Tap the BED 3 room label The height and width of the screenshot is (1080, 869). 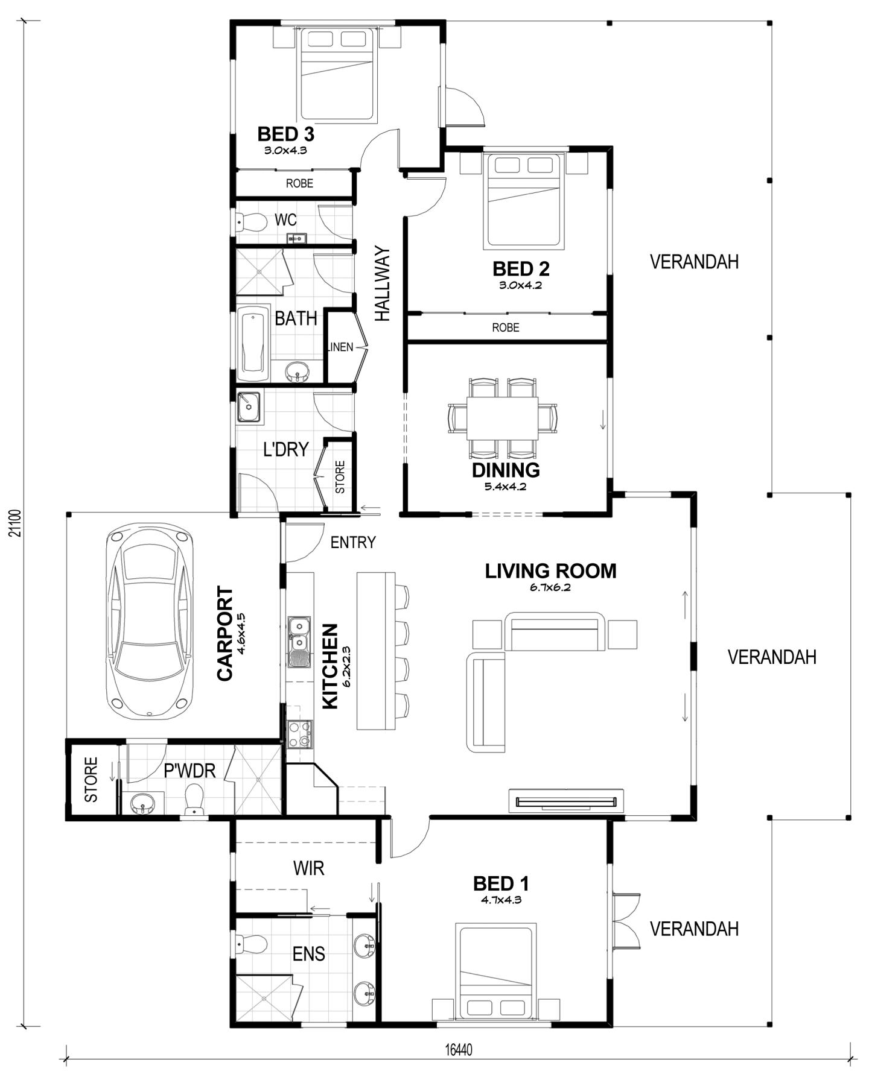(x=285, y=133)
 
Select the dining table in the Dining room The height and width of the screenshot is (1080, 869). (x=502, y=418)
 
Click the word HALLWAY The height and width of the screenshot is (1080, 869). (x=383, y=283)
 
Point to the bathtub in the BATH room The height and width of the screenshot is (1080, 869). (x=253, y=344)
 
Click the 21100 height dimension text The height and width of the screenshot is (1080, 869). (x=16, y=523)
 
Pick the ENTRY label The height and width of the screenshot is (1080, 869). (x=353, y=543)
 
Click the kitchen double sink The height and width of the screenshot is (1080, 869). (x=299, y=642)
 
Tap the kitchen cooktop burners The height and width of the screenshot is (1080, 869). (x=299, y=734)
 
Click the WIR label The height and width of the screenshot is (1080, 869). (x=308, y=868)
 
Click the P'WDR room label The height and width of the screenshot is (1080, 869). (x=189, y=771)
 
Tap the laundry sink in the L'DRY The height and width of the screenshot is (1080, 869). (x=249, y=407)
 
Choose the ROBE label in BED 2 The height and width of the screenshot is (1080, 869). (x=505, y=327)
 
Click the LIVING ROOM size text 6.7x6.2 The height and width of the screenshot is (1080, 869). (x=550, y=587)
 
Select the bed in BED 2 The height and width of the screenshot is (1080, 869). (x=525, y=201)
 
